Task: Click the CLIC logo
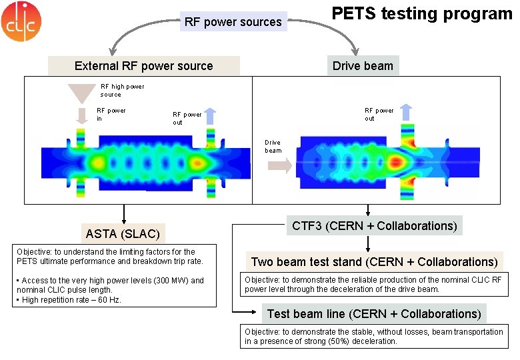pyautogui.click(x=21, y=21)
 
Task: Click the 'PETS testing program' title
pyautogui.click(x=421, y=13)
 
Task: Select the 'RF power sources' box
pyautogui.click(x=233, y=22)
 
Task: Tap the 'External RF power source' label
pyautogui.click(x=144, y=65)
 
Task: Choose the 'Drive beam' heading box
pyautogui.click(x=363, y=65)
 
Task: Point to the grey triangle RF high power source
pyautogui.click(x=83, y=93)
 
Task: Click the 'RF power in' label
pyautogui.click(x=111, y=114)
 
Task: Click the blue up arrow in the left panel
pyautogui.click(x=210, y=116)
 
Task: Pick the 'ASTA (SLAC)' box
pyautogui.click(x=123, y=234)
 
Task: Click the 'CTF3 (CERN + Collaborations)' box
pyautogui.click(x=375, y=225)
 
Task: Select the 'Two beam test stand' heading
pyautogui.click(x=374, y=261)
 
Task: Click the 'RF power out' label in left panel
pyautogui.click(x=187, y=118)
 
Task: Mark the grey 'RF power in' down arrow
pyautogui.click(x=82, y=116)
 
